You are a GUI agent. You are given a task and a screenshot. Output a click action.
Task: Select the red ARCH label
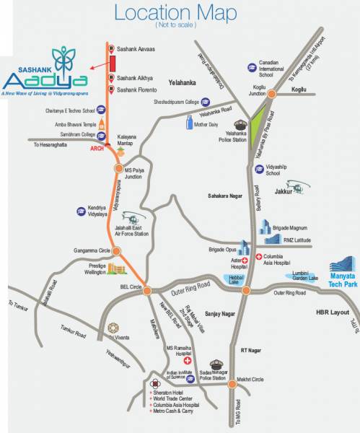coord(97,149)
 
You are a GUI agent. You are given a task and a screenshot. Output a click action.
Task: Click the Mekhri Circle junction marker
coord(233,385)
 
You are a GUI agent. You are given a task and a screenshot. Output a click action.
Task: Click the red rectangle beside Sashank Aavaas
coord(113,63)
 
